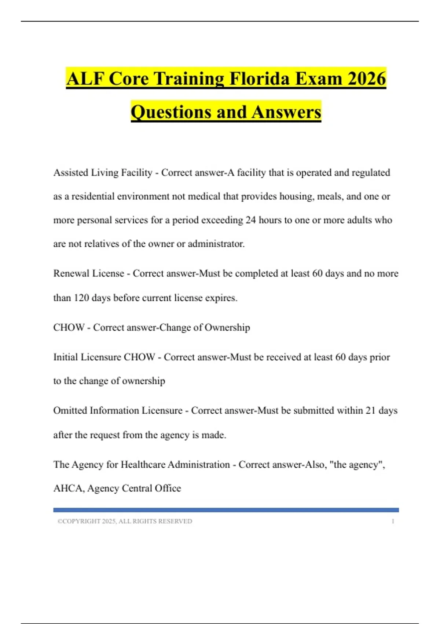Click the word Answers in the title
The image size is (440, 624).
[286, 112]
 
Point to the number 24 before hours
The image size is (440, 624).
[250, 220]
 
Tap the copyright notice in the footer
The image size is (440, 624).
[125, 521]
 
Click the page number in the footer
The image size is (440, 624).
[393, 521]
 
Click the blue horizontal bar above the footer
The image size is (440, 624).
[226, 510]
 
